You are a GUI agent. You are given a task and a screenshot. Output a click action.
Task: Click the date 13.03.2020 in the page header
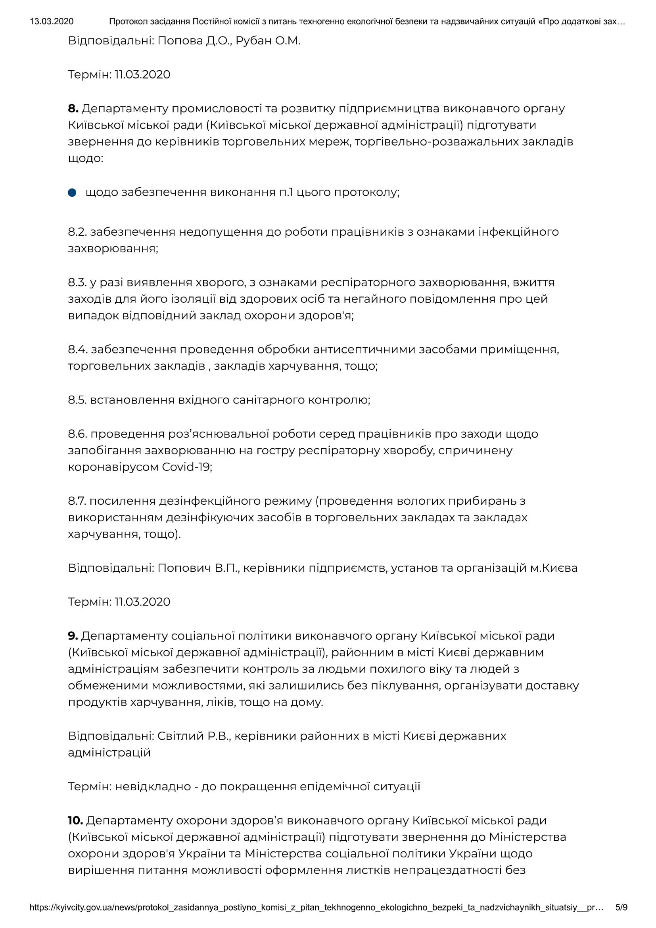[x=51, y=21]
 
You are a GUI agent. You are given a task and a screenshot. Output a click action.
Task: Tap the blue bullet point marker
[x=72, y=192]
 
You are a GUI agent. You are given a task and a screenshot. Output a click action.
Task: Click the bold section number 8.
[x=73, y=108]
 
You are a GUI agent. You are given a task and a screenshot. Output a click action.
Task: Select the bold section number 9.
[x=73, y=636]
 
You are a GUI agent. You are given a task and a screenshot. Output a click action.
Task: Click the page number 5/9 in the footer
[x=621, y=907]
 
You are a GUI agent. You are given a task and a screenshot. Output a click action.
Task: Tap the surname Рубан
[x=253, y=41]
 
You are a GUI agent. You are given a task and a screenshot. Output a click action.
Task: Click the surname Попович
[x=184, y=568]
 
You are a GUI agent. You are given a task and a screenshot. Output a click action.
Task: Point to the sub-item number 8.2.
[x=77, y=232]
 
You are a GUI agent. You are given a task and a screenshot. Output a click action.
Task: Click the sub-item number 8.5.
[x=77, y=400]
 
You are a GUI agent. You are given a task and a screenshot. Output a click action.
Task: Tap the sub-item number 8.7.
[x=77, y=501]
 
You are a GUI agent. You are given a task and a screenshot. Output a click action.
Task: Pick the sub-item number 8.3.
[x=77, y=282]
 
